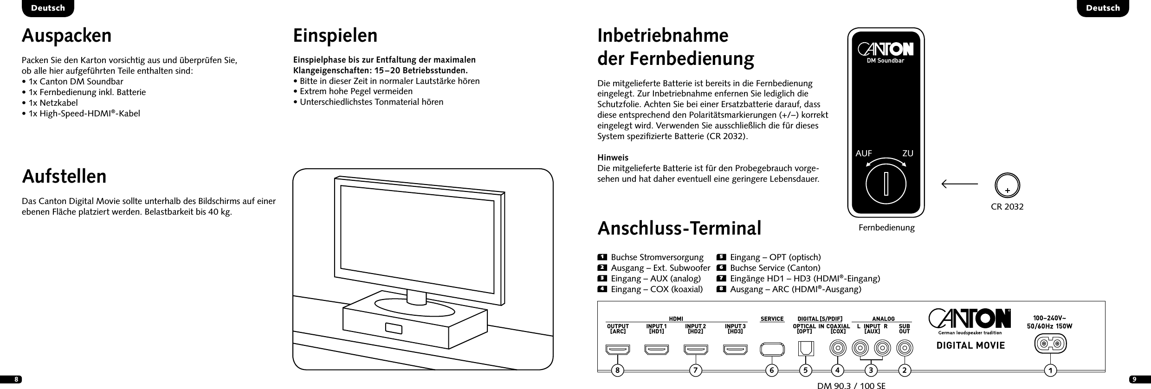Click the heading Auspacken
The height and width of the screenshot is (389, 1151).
coord(67,36)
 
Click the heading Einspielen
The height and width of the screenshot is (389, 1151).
coord(335,36)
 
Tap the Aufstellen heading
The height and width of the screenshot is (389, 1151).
coord(64,177)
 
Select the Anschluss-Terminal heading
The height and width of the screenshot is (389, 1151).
coord(679,228)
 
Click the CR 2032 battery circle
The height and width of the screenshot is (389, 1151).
coord(1007,185)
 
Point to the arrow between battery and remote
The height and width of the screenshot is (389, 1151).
coord(960,184)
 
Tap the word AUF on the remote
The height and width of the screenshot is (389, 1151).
coord(864,153)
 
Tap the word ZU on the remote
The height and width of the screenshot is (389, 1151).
coord(908,153)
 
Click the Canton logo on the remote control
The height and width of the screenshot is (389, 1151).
coord(886,49)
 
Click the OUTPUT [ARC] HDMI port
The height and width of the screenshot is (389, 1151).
coord(617,349)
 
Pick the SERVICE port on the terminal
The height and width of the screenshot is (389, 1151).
coord(772,349)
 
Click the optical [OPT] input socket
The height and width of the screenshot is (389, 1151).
coord(806,348)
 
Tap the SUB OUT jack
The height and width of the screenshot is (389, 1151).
coord(904,347)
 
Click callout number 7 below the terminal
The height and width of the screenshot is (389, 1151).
coord(695,370)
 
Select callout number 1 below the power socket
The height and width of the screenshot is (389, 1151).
coord(1050,370)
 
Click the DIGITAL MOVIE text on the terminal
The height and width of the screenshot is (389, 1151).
coord(964,345)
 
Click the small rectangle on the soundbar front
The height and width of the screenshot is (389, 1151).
coord(393,328)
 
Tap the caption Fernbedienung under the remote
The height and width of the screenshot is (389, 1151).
coord(886,228)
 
